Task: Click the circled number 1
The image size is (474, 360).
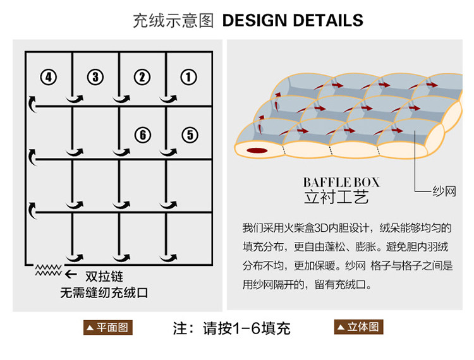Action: pos(189,77)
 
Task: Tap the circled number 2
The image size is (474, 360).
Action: pos(142,77)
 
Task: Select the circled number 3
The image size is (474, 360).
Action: pos(95,77)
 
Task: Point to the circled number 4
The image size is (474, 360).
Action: pos(48,77)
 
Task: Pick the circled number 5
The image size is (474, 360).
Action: pos(190,135)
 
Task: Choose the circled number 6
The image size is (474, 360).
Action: pos(143,135)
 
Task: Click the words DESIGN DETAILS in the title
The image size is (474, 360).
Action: pos(293,20)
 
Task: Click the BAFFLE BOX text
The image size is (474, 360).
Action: pos(341,183)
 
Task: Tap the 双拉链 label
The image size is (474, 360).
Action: pos(104,276)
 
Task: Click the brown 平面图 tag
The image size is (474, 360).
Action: pos(108,328)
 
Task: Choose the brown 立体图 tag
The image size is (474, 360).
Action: pos(359,327)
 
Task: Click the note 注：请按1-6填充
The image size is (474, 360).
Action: pos(231,328)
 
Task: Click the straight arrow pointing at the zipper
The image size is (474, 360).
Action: pos(71,275)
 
